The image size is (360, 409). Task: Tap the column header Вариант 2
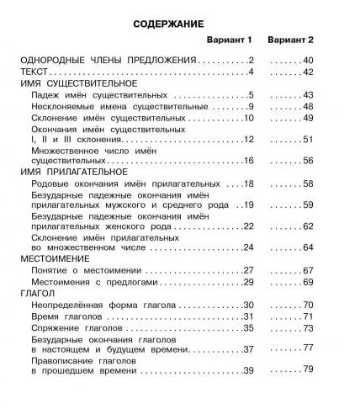[x=290, y=40]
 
